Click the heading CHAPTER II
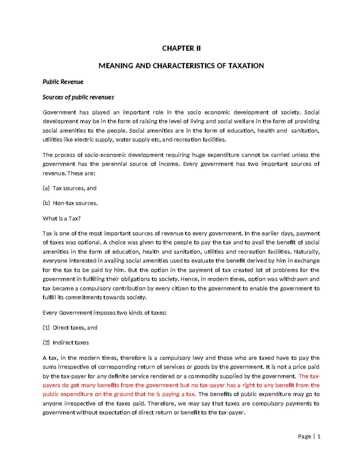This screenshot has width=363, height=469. (x=181, y=48)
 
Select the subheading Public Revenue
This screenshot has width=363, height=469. (x=63, y=82)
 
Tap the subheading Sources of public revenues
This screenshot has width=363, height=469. (x=78, y=97)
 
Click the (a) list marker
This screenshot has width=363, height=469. (x=46, y=188)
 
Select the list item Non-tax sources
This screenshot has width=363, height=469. (x=75, y=203)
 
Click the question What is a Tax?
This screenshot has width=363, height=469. (x=62, y=218)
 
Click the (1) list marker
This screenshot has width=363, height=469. (x=46, y=328)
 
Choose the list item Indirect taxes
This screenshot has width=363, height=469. (x=70, y=343)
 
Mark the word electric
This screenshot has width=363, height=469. (x=83, y=140)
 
